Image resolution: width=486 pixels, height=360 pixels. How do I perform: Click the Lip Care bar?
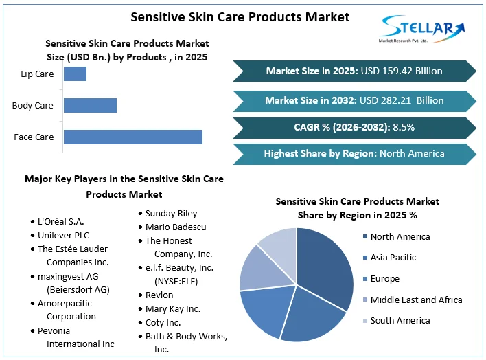coord(75,74)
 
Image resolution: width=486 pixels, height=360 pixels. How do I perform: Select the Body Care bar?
coord(90,105)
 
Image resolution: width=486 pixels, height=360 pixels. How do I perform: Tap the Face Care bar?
coord(132,137)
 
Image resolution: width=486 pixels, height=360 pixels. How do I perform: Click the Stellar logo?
coord(420,30)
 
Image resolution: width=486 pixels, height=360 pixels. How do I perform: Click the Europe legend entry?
coord(384,279)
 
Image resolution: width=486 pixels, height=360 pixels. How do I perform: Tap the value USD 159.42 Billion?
coord(403,71)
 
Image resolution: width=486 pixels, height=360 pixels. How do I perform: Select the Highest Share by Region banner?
coord(354,153)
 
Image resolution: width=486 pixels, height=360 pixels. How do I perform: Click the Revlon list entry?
coord(159,295)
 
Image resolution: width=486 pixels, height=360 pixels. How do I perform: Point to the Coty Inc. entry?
coord(163,322)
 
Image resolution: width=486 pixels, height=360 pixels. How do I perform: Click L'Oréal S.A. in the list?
coord(61,221)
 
